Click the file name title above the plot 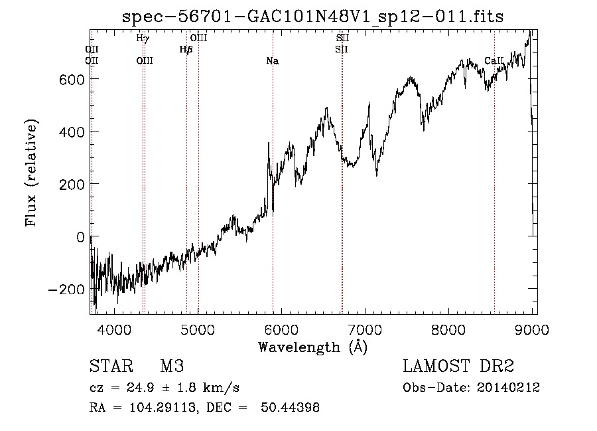click(x=313, y=17)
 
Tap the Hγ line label click(x=142, y=39)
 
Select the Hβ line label click(x=186, y=49)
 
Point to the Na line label click(x=272, y=61)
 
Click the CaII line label click(x=494, y=61)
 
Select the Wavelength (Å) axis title click(x=312, y=347)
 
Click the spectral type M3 click(x=172, y=367)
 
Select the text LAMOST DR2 click(x=458, y=367)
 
